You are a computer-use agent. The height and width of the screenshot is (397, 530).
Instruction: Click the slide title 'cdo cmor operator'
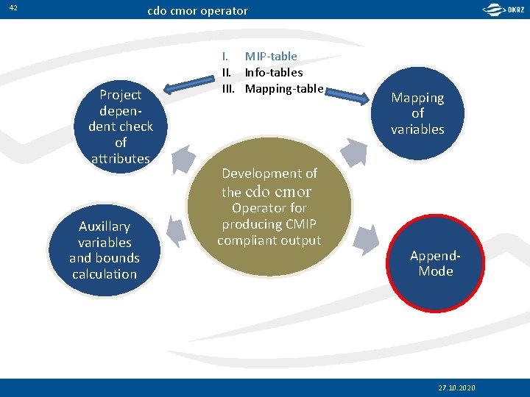(197, 11)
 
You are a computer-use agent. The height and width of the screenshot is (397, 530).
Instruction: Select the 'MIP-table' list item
(271, 56)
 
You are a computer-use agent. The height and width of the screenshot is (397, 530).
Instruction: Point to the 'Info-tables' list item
(273, 72)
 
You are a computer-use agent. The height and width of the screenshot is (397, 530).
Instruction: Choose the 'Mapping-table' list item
(283, 88)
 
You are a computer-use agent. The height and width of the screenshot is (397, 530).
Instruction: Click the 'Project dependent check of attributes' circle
(121, 126)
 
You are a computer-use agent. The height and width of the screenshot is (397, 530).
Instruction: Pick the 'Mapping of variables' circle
(417, 113)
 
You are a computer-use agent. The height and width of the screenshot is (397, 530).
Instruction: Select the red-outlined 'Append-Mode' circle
(436, 263)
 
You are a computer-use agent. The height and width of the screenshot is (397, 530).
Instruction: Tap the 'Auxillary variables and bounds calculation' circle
(105, 250)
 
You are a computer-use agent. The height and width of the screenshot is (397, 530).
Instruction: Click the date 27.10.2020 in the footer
(456, 387)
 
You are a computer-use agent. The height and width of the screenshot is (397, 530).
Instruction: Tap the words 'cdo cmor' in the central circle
(278, 192)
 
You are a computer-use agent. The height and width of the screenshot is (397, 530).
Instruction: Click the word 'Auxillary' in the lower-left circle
(105, 226)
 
